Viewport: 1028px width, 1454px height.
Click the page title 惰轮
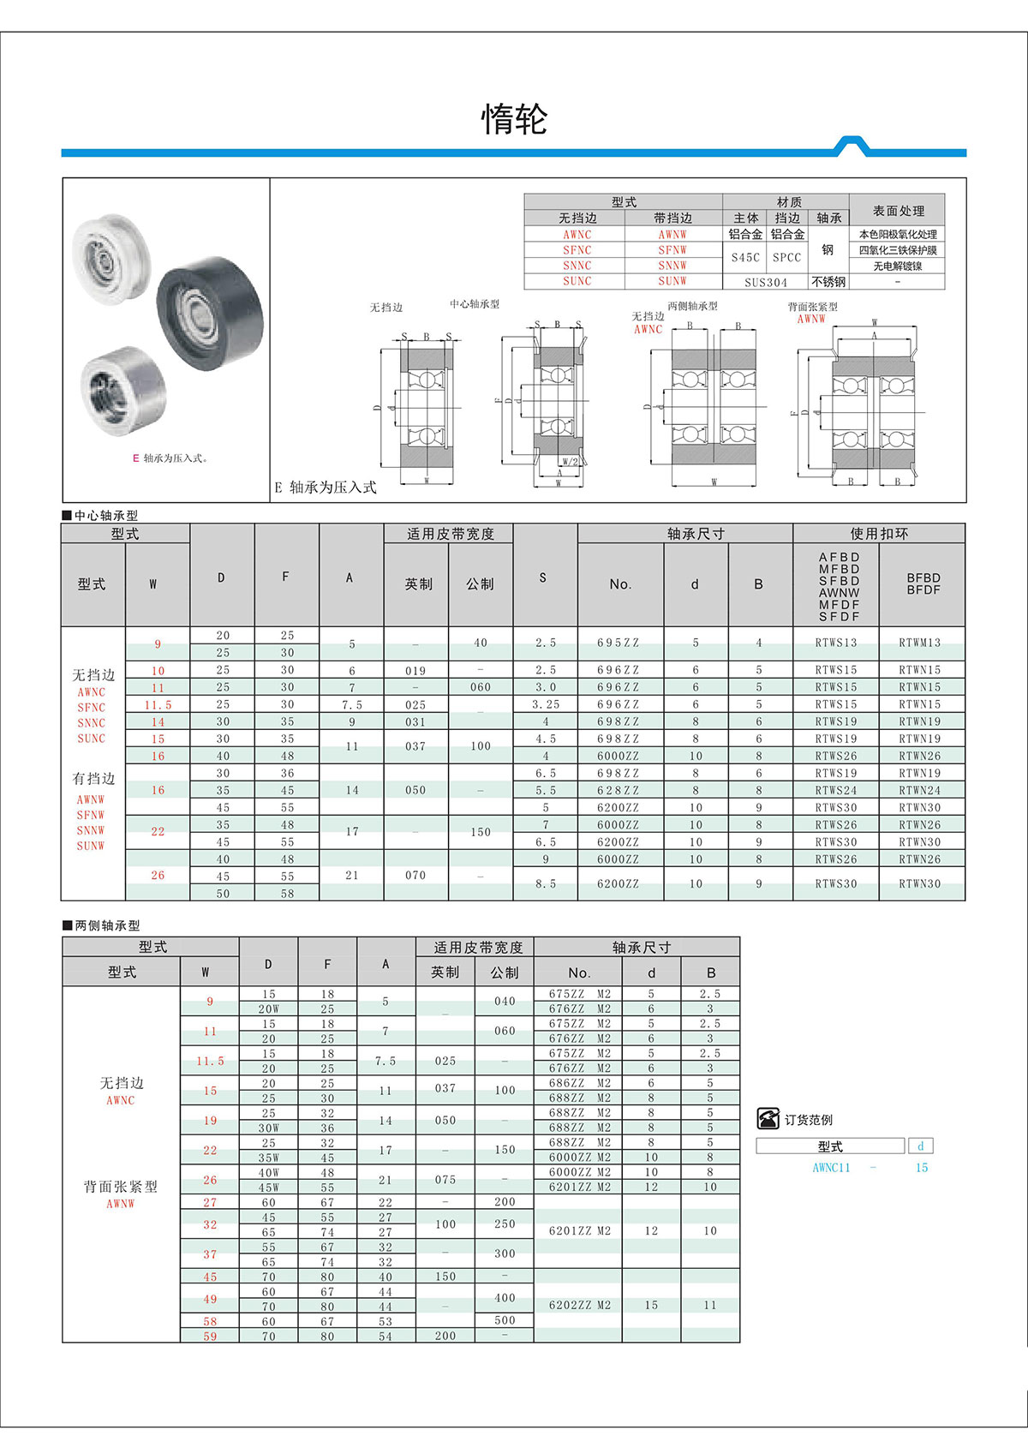[x=514, y=119]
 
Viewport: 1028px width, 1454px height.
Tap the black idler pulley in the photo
[x=210, y=313]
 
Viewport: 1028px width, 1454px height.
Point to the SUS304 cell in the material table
[x=765, y=282]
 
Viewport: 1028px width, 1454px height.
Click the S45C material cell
[x=745, y=257]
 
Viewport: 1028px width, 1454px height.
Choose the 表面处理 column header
[x=898, y=210]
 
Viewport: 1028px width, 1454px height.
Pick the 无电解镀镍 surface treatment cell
[x=897, y=266]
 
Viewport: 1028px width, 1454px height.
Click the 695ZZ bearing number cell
[x=618, y=643]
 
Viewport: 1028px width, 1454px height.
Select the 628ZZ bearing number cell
[x=618, y=791]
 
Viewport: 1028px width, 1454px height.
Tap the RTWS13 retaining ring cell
[x=835, y=643]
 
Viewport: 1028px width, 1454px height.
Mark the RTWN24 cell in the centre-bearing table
[x=919, y=791]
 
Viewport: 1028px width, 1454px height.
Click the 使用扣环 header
[x=879, y=534]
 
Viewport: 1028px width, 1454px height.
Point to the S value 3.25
[x=546, y=704]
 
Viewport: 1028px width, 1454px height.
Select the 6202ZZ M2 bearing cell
[x=579, y=1305]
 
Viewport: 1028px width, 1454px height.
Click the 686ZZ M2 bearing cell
[x=579, y=1083]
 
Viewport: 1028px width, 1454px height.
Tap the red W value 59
[x=210, y=1336]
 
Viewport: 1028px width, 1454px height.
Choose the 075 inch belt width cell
[x=445, y=1180]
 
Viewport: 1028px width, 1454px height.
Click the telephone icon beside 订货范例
[x=768, y=1119]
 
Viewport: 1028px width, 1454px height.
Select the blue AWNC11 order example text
[x=831, y=1168]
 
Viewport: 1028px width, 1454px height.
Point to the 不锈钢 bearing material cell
[x=828, y=282]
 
